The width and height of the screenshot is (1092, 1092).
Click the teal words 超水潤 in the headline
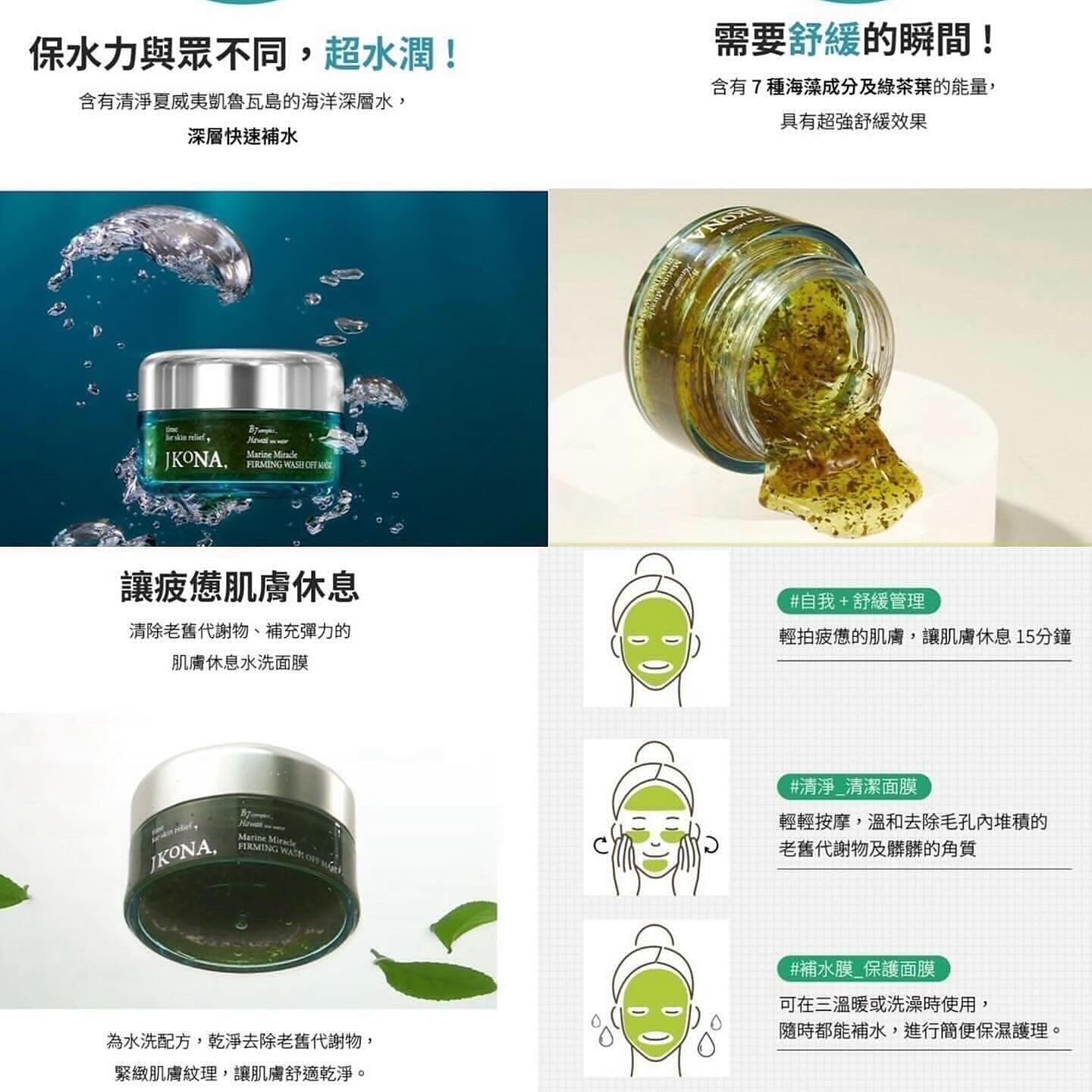pos(391,55)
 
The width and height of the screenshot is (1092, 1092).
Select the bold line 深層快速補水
pos(243,136)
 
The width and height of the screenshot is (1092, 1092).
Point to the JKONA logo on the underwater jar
pos(195,460)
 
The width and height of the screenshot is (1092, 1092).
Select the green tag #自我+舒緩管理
pos(858,601)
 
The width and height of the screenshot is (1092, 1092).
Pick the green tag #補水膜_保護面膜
pos(863,968)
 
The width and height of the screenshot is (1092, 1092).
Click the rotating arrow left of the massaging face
pos(599,844)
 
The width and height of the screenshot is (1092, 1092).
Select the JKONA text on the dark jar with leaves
pos(183,855)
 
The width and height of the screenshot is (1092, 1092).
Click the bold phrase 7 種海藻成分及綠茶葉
pos(842,87)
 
